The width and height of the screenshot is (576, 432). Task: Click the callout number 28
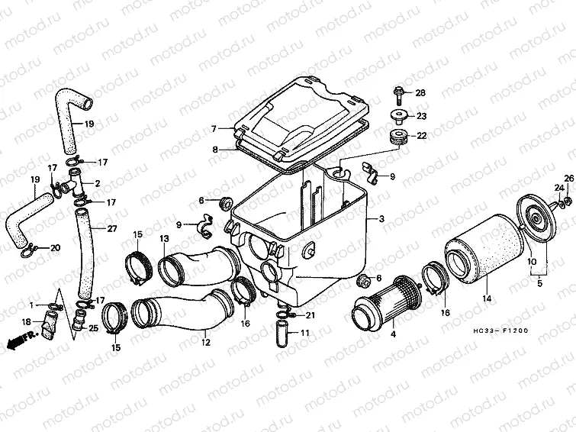(x=420, y=92)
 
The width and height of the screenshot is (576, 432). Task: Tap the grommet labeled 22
(x=397, y=137)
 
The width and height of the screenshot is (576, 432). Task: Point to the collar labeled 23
(x=398, y=116)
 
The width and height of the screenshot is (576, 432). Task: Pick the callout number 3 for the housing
(x=381, y=219)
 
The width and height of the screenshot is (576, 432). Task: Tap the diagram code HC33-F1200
(x=500, y=330)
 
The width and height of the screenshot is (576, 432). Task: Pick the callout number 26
(x=568, y=179)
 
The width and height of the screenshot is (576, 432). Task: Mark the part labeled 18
(x=49, y=324)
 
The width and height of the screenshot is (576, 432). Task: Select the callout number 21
(x=311, y=315)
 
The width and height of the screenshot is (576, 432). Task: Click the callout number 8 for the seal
(x=215, y=150)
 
